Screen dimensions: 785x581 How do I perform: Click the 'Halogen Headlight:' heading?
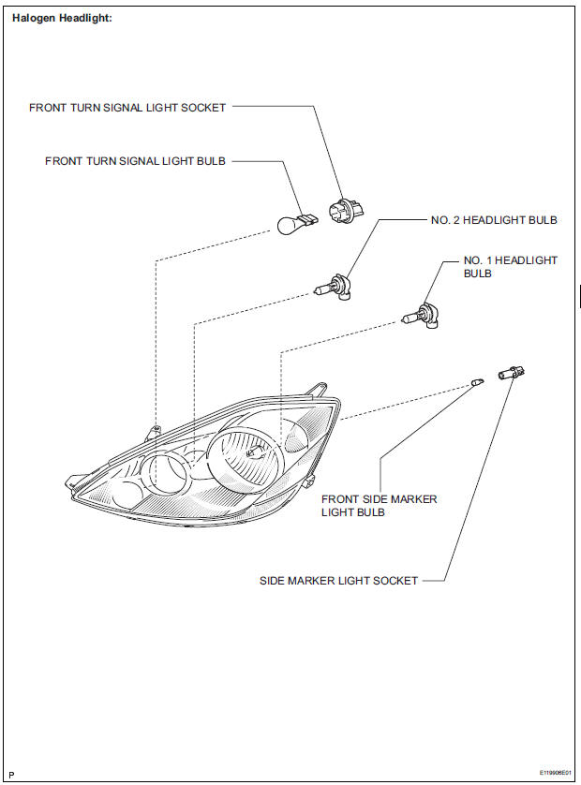click(62, 18)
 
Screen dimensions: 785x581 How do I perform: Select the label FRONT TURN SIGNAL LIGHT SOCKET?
click(127, 108)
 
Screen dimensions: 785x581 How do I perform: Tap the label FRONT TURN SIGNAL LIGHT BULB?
click(136, 161)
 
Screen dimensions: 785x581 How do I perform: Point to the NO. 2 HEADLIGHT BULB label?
click(494, 221)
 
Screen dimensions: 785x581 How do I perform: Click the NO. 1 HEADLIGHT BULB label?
click(510, 267)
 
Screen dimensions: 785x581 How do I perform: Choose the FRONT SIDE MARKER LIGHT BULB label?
click(379, 506)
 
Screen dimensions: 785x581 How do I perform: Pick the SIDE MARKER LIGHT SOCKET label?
click(338, 581)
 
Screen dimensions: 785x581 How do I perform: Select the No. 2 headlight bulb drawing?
click(335, 287)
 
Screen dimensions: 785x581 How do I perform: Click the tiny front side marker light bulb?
click(477, 382)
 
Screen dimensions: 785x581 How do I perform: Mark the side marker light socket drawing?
click(512, 374)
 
